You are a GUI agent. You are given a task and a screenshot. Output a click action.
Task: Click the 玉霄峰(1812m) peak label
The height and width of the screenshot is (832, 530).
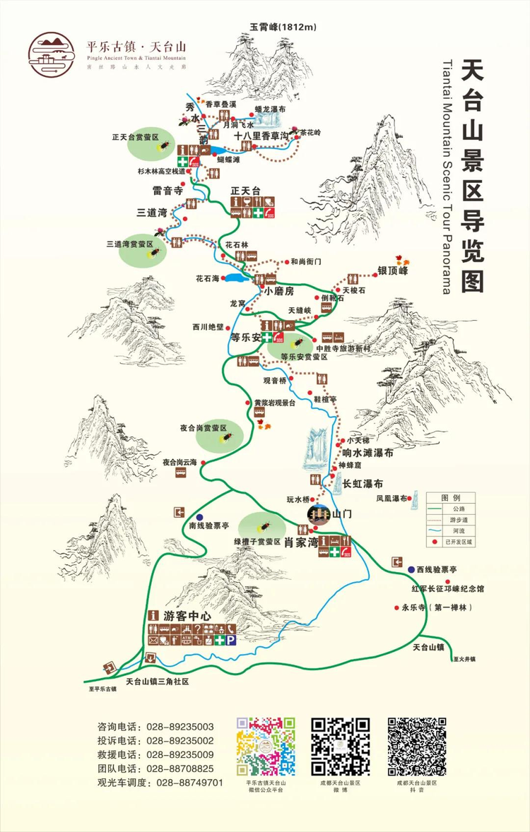coord(282,27)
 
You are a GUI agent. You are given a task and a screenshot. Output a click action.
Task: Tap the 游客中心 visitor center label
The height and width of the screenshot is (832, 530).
coord(187,616)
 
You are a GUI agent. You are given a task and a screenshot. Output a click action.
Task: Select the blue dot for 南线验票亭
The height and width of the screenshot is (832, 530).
coord(200,517)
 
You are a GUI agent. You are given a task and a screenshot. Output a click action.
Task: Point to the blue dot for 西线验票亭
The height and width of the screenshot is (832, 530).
coord(411,568)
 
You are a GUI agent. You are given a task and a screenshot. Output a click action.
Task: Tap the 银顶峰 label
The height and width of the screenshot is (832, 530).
coord(393,271)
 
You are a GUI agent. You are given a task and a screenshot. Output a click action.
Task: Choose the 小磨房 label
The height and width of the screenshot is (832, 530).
coord(279,291)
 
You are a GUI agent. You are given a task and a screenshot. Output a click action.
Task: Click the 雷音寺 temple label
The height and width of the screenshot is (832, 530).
coord(167,191)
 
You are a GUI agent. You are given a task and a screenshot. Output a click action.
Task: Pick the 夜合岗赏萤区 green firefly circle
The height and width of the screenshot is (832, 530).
coord(220,434)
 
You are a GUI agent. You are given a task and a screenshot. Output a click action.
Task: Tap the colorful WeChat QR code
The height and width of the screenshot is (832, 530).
coord(266,746)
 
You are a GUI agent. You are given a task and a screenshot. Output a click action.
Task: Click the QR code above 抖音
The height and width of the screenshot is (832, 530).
coord(416,746)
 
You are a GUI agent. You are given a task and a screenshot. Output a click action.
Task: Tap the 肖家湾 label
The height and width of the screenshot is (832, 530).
coord(299,544)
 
